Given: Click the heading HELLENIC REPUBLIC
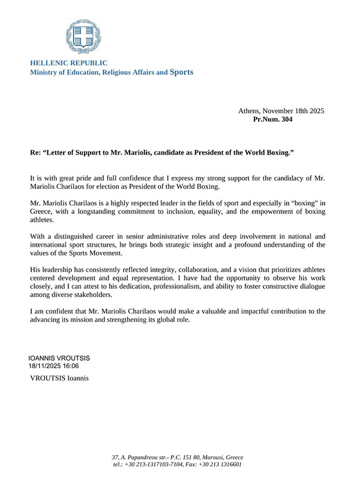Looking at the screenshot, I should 69,63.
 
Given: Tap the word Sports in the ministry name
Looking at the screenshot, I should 182,72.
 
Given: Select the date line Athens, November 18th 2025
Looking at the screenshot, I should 281,111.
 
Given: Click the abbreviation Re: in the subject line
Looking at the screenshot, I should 35,153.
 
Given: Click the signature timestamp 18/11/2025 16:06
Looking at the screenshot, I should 54,365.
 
